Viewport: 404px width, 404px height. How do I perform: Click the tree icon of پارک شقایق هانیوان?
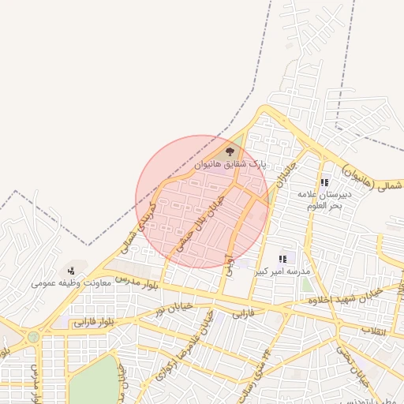click(x=230, y=150)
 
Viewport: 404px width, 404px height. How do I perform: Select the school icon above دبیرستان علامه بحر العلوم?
click(x=324, y=182)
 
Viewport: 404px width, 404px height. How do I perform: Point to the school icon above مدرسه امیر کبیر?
click(x=282, y=259)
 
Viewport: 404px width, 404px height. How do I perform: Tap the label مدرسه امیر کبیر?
click(x=282, y=271)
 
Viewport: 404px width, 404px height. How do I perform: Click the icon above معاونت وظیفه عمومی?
click(x=72, y=271)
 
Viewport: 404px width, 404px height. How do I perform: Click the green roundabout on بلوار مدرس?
click(x=33, y=337)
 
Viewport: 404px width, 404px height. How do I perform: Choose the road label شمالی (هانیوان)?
click(x=372, y=178)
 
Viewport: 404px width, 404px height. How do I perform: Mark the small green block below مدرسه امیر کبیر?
click(x=306, y=283)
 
